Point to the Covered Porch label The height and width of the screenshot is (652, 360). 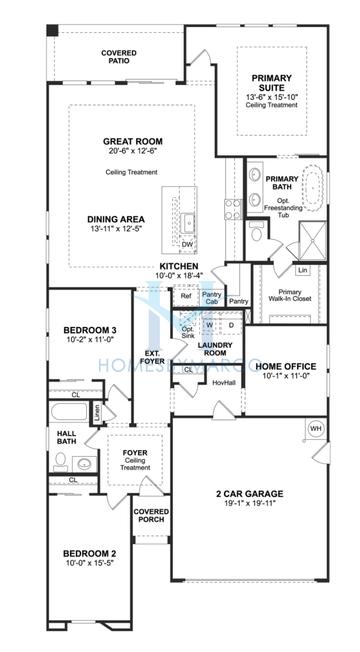151,516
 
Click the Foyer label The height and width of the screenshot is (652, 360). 135,453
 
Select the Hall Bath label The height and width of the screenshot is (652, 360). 66,438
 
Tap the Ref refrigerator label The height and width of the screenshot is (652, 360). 185,296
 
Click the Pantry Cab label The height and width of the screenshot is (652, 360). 211,298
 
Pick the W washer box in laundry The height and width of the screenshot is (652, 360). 210,324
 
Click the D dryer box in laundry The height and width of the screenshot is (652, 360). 230,324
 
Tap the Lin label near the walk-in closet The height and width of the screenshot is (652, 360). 301,269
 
